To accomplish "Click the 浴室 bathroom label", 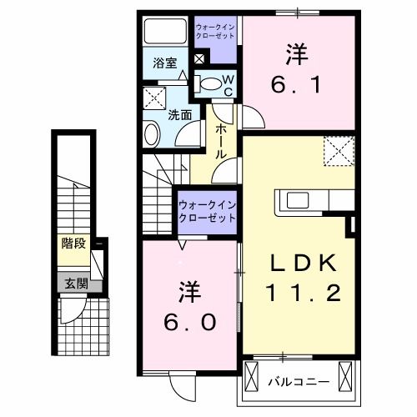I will click(164, 63).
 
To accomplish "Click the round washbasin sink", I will click(152, 133).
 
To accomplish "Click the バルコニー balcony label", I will click(298, 383).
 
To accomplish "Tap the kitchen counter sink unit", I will click(310, 201).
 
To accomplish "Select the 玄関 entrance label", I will click(73, 283).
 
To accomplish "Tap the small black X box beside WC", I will click(198, 60).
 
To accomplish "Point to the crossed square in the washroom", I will click(154, 98).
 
